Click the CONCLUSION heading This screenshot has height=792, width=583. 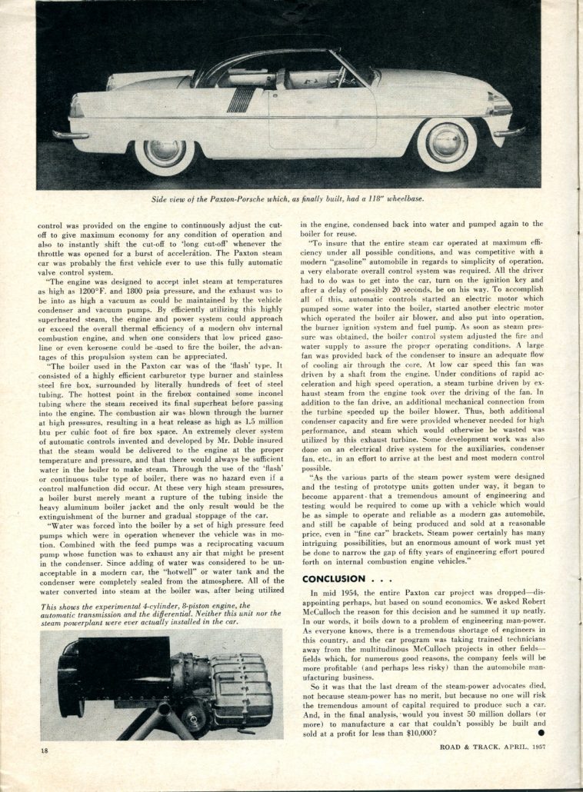click(x=338, y=578)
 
